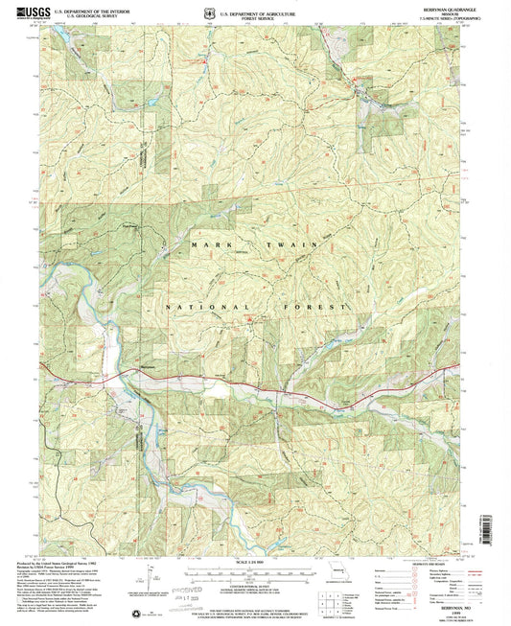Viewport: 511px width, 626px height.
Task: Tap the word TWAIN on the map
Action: [x=297, y=245]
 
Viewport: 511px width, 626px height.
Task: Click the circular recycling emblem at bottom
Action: [x=131, y=611]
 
